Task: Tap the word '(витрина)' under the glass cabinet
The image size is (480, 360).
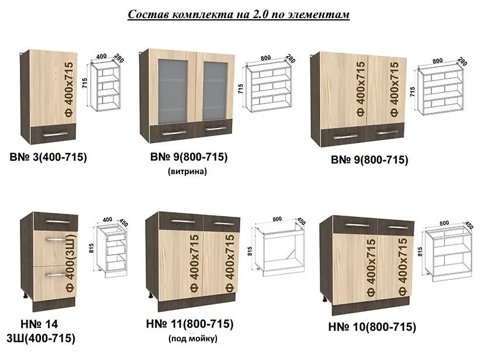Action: click(187, 172)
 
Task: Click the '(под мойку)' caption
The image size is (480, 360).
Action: click(193, 339)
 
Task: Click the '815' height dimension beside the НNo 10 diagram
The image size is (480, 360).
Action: click(421, 251)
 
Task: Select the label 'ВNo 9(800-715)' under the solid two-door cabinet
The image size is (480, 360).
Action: click(370, 160)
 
